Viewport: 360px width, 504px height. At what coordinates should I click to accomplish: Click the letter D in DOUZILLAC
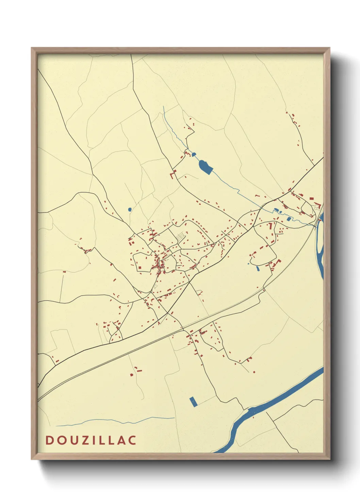coord(49,440)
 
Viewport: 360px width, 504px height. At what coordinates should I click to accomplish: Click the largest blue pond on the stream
coord(205,167)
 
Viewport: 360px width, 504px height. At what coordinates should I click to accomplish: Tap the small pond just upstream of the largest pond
coord(194,155)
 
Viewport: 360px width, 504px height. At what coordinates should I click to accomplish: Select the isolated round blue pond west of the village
coord(130,209)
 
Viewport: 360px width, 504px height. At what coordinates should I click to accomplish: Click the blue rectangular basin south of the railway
coord(193,402)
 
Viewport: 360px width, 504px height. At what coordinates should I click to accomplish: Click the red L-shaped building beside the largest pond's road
coord(173,175)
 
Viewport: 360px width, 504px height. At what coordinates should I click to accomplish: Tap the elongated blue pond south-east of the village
coord(258,268)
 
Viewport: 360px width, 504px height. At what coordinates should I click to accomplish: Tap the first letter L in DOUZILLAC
coord(101,440)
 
